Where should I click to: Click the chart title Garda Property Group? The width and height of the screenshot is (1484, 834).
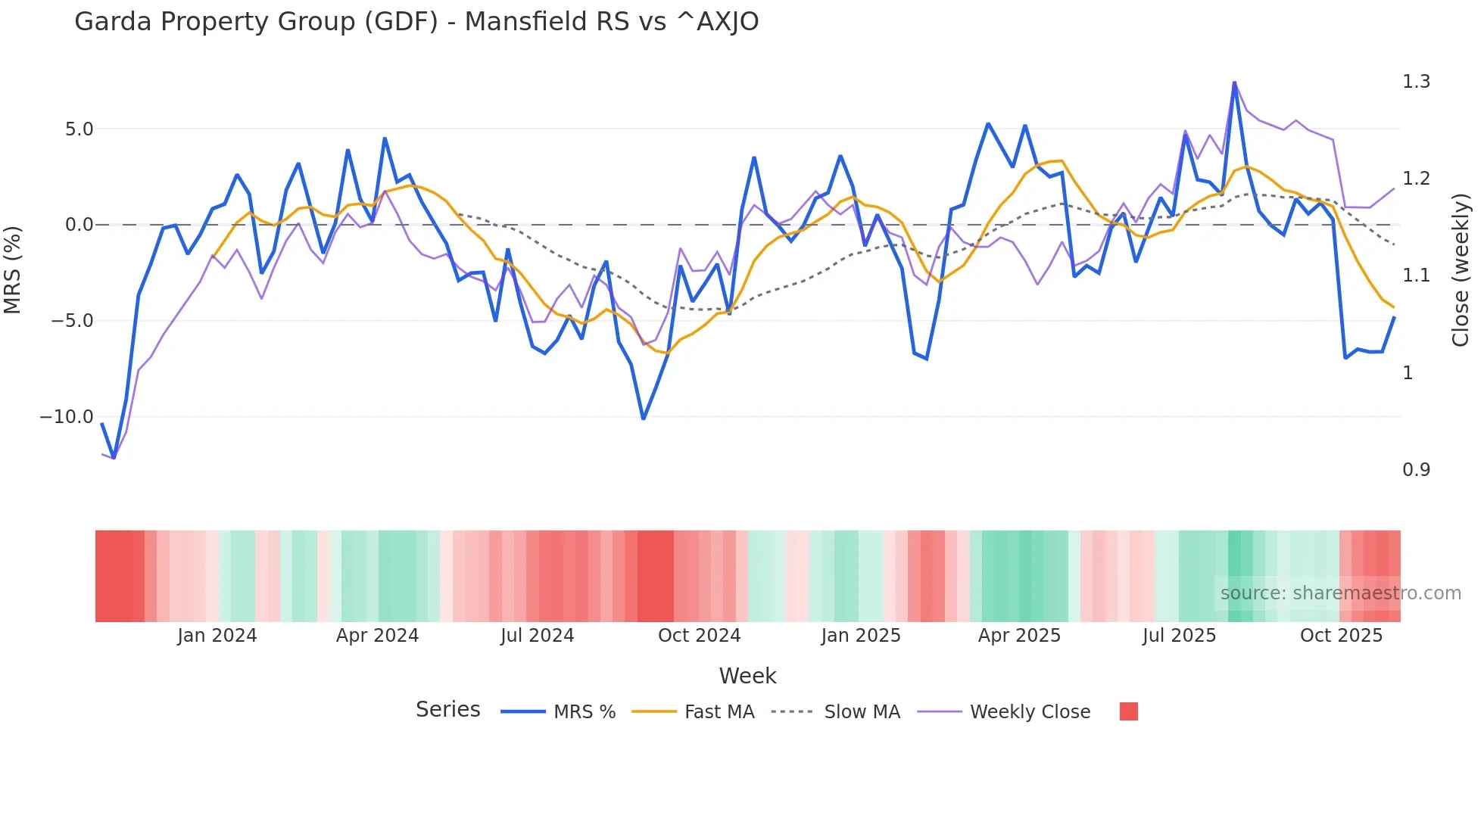coord(416,21)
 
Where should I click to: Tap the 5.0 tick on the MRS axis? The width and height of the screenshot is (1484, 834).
coord(79,129)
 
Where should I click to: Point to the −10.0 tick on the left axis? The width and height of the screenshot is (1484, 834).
coord(67,417)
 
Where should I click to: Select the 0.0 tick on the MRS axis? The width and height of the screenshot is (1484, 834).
coord(79,225)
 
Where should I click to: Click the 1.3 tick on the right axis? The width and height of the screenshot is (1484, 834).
coord(1416,82)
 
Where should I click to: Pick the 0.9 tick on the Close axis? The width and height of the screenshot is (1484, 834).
coord(1416,470)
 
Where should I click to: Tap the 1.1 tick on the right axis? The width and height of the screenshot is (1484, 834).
coord(1416,275)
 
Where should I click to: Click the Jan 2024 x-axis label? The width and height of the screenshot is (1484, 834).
coord(217,636)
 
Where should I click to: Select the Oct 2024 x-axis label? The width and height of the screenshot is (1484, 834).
coord(699,636)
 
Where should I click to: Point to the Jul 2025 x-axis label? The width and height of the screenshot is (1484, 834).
coord(1179,636)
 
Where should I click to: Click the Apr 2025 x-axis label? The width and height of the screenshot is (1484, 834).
coord(1019,636)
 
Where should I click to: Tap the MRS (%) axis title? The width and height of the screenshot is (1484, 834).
coord(13,270)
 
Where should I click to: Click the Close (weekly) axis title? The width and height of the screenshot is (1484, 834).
coord(1461,270)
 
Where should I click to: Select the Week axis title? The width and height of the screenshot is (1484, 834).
coord(747,676)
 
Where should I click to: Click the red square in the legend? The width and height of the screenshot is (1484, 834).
coord(1128,711)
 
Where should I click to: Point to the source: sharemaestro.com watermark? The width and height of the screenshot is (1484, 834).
coord(1340,593)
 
